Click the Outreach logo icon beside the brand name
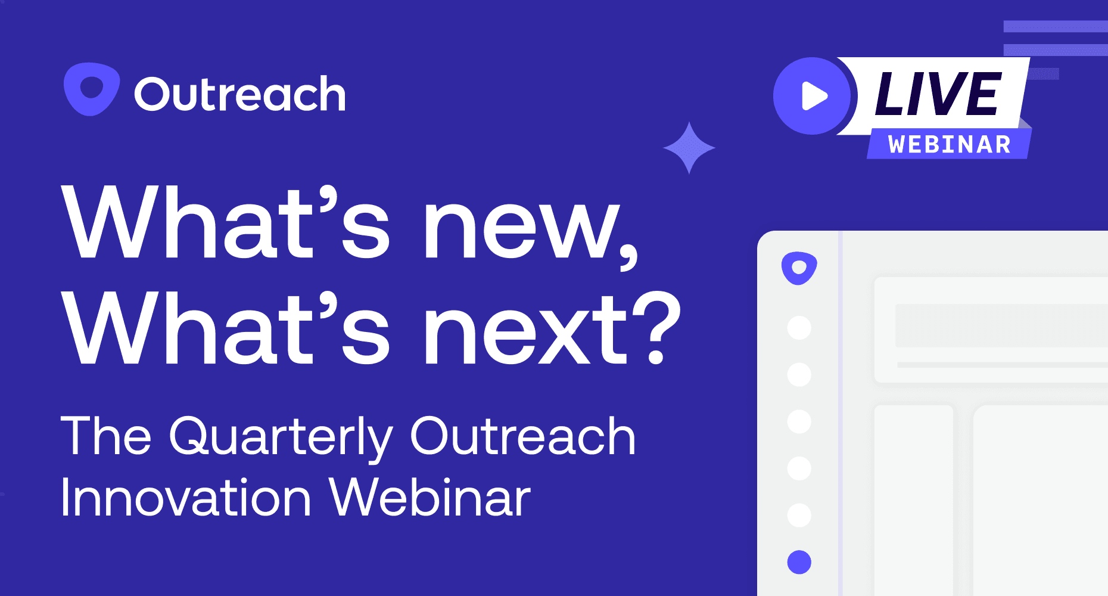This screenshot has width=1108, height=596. tap(92, 89)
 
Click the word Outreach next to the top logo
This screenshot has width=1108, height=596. tap(240, 94)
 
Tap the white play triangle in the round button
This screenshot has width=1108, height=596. tap(814, 96)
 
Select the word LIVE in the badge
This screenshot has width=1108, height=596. tap(938, 94)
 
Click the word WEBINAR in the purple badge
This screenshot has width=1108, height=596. tap(950, 145)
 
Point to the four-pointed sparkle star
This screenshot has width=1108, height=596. tap(689, 148)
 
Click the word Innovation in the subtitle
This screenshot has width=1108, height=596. tap(186, 498)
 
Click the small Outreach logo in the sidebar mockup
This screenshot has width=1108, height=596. tap(799, 268)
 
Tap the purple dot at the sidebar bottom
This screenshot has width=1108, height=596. tap(799, 562)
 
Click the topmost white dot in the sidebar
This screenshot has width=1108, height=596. tap(799, 328)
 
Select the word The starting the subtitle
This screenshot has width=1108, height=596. tap(106, 436)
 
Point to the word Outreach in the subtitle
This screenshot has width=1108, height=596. tap(523, 436)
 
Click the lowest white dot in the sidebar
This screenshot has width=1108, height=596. tap(799, 516)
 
